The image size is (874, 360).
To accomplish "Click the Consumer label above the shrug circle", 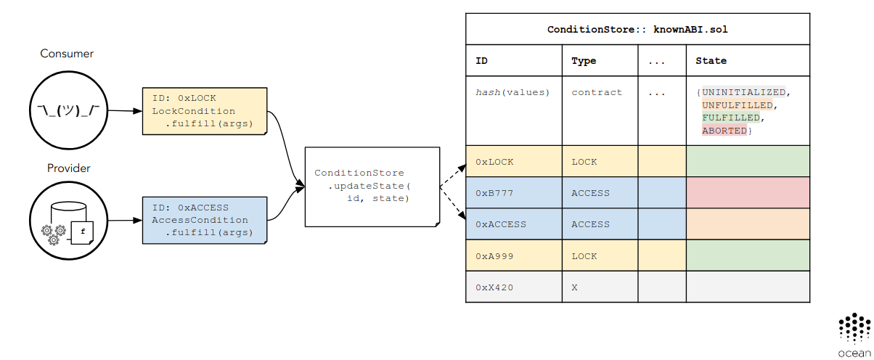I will (67, 54).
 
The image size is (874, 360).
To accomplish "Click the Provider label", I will (68, 168).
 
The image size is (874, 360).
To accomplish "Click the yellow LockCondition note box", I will (205, 110).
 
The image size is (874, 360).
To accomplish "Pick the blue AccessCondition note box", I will (205, 219).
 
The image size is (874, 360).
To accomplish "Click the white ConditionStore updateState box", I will (372, 186).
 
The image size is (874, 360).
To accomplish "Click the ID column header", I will (482, 61).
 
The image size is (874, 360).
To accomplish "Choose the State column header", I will (711, 61).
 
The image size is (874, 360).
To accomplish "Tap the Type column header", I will (584, 61).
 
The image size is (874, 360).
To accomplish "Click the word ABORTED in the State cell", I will (724, 131).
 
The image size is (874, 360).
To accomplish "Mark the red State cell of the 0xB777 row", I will (747, 193).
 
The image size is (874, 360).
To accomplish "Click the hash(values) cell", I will (513, 93).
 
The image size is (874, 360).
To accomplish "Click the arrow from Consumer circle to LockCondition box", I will (121, 111).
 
